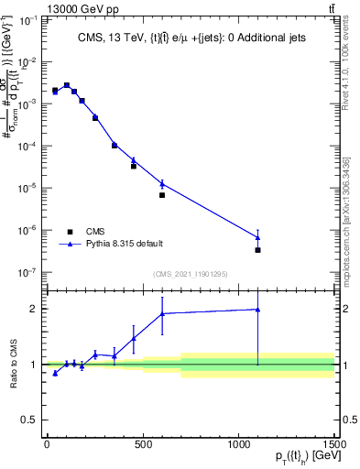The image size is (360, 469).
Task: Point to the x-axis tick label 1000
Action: (x=239, y=444)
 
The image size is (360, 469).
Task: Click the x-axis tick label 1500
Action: (x=335, y=444)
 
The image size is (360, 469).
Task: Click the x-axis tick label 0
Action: (x=47, y=444)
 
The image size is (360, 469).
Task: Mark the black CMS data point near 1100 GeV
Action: (x=258, y=250)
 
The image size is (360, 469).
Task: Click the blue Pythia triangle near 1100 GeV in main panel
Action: (x=258, y=238)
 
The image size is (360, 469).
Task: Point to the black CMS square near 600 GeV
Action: (x=162, y=195)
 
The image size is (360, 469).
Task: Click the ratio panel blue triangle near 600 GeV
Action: (x=162, y=313)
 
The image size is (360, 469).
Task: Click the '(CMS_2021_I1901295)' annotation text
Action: (x=191, y=274)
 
